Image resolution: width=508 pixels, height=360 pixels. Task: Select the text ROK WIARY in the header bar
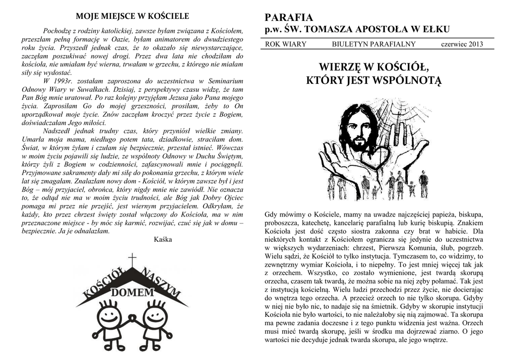pyautogui.click(x=286, y=44)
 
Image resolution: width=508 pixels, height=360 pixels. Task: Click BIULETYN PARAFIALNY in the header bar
pyautogui.click(x=374, y=44)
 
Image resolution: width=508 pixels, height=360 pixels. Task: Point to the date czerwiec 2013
pyautogui.click(x=461, y=44)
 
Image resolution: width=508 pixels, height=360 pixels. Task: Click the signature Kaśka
pyautogui.click(x=163, y=239)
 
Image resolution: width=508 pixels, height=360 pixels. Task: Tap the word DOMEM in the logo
pyautogui.click(x=132, y=292)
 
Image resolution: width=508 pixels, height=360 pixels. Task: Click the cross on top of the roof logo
pyautogui.click(x=132, y=260)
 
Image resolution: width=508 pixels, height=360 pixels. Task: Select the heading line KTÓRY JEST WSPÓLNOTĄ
pyautogui.click(x=374, y=80)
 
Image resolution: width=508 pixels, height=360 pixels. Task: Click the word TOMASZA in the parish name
pyautogui.click(x=328, y=29)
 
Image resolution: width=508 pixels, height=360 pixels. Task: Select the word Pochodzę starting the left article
pyautogui.click(x=58, y=30)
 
